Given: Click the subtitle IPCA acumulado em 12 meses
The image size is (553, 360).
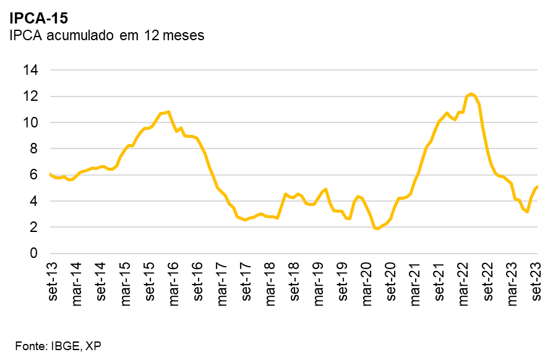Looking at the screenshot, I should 106,35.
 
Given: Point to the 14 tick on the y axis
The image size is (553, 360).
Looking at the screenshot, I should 30,71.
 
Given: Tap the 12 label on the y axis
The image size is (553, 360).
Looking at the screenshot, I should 30,96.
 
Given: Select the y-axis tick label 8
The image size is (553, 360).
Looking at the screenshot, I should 34,149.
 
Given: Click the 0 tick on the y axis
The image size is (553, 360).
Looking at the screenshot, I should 34,254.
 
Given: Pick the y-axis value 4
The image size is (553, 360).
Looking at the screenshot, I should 34,202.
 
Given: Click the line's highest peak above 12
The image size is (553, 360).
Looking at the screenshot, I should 471,93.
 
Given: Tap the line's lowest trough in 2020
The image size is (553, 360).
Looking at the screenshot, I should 377,229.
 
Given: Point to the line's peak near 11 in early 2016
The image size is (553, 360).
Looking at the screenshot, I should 168,112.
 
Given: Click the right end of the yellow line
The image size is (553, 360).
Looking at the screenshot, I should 537,186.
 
